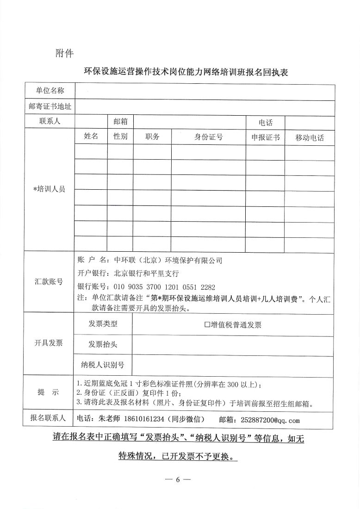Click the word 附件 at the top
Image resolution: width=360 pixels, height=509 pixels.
[x=64, y=53]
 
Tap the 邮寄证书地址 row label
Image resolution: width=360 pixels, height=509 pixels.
[x=50, y=107]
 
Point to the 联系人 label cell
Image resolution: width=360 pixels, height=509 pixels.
[x=50, y=122]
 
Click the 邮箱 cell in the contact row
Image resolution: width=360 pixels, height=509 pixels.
[x=120, y=122]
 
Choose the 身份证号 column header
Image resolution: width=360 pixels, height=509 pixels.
[x=208, y=137]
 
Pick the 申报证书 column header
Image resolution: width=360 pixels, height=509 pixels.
[x=265, y=137]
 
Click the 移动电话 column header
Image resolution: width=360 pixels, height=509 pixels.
[x=309, y=137]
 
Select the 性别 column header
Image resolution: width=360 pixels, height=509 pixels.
[x=120, y=137]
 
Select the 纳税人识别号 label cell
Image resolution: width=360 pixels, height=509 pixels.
[x=103, y=365]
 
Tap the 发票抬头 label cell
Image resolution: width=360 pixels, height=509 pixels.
[x=103, y=345]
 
